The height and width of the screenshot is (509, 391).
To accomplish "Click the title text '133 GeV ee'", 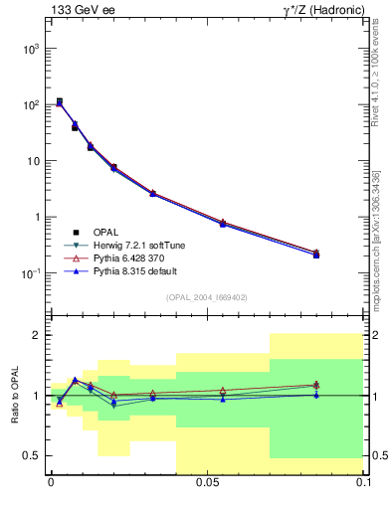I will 80,11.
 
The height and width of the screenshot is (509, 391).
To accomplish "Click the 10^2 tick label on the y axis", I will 28,104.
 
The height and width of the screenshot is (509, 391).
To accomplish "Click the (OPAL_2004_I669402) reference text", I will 206,296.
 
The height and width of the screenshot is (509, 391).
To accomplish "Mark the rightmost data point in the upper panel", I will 316,254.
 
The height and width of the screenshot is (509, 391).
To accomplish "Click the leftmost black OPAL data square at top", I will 60,101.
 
